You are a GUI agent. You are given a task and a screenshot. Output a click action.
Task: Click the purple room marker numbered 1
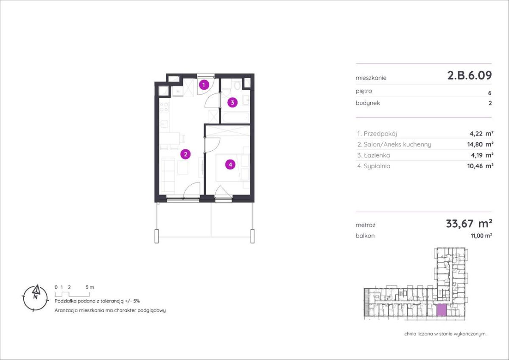pyautogui.click(x=204, y=85)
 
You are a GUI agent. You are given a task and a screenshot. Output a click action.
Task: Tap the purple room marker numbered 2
pyautogui.click(x=185, y=154)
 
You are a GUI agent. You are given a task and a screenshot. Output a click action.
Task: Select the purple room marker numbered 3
pyautogui.click(x=232, y=103)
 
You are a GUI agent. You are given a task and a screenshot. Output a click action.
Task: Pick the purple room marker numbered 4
pyautogui.click(x=230, y=164)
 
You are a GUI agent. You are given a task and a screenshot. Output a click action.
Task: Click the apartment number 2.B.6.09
pyautogui.click(x=470, y=76)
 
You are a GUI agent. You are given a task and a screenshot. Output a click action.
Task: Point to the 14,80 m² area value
pyautogui.click(x=480, y=144)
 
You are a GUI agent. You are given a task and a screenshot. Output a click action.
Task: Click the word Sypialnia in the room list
pyautogui.click(x=377, y=166)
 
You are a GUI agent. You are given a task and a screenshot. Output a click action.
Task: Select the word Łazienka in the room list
pyautogui.click(x=377, y=155)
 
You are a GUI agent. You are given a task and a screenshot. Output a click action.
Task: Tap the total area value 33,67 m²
pyautogui.click(x=469, y=224)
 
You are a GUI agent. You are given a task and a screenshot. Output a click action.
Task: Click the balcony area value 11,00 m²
pyautogui.click(x=481, y=236)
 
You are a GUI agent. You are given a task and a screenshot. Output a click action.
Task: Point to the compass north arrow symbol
pyautogui.click(x=36, y=290)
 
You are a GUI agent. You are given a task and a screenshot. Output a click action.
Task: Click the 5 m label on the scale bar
pyautogui.click(x=90, y=287)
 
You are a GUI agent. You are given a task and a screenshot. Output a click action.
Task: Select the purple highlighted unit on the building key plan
pyautogui.click(x=442, y=310)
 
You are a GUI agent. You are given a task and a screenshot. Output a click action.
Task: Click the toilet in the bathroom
pyautogui.click(x=237, y=85)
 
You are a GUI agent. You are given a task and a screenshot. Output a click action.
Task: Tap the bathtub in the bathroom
pyautogui.click(x=236, y=118)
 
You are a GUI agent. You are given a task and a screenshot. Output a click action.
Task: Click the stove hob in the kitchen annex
pyautogui.click(x=164, y=107)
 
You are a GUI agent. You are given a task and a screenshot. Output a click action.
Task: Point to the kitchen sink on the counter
pyautogui.click(x=164, y=124)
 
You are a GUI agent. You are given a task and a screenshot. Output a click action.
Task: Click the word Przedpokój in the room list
pyautogui.click(x=380, y=134)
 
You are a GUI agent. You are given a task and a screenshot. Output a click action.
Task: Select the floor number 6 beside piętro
pyautogui.click(x=489, y=93)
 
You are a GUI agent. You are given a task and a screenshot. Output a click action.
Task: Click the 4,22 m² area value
pyautogui.click(x=481, y=133)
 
